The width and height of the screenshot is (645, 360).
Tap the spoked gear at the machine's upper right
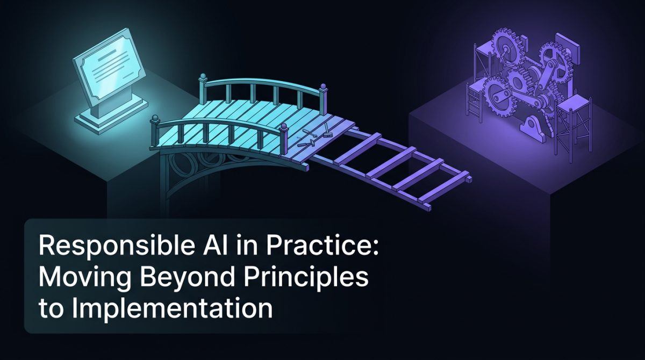(554, 59)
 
